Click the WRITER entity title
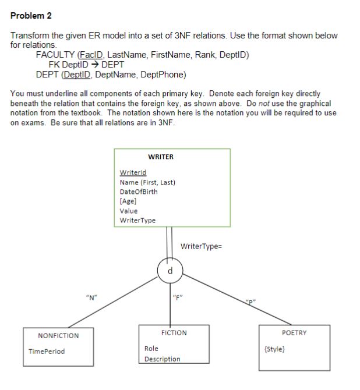point(161,157)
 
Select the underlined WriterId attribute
point(133,173)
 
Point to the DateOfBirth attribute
point(138,192)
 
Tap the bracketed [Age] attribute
point(128,201)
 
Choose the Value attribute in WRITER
point(128,211)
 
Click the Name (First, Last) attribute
point(147,182)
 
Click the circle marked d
point(170,271)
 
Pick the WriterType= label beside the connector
point(202,246)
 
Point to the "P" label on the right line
point(250,302)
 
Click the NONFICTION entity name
point(58,336)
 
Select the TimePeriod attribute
point(47,352)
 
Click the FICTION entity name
point(174,333)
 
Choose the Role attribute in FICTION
point(151,349)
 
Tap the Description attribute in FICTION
point(163,359)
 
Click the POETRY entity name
point(294,333)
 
